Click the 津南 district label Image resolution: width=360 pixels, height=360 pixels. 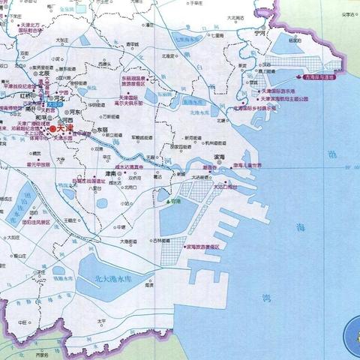pyautogui.click(x=113, y=172)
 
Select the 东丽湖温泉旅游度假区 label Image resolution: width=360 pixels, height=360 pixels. pyautogui.click(x=134, y=80)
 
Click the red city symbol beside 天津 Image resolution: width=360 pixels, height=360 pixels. pyautogui.click(x=52, y=129)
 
